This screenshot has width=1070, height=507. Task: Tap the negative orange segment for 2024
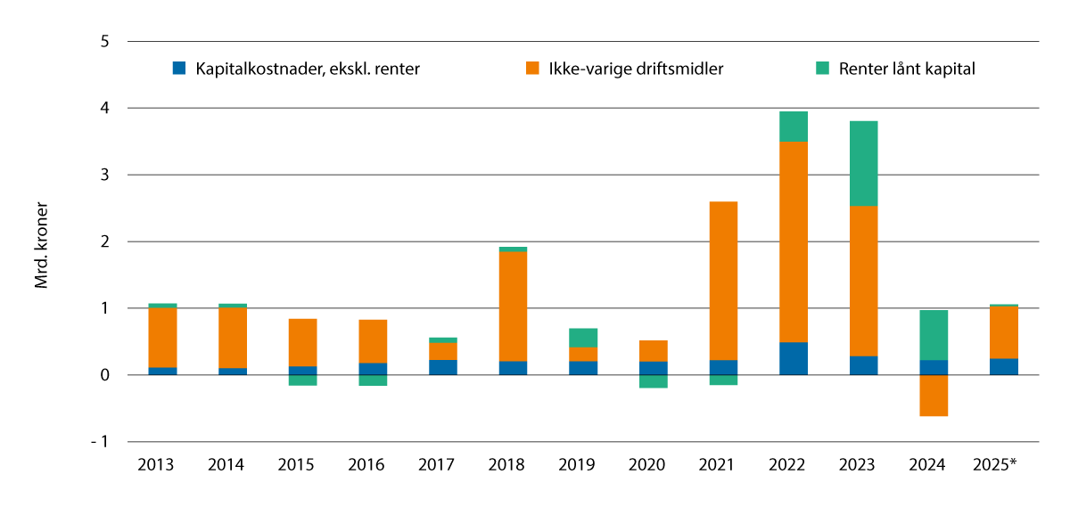[933, 396]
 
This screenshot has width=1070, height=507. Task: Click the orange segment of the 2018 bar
[513, 306]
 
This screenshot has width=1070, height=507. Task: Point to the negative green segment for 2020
[653, 381]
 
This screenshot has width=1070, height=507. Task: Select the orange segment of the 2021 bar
[723, 281]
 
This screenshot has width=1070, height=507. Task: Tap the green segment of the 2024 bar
[933, 335]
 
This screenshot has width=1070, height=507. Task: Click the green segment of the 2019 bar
[583, 338]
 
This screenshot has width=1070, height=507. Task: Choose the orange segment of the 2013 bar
[162, 337]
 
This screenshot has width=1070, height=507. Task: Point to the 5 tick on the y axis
[105, 42]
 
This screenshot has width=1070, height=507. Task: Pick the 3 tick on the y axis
[105, 175]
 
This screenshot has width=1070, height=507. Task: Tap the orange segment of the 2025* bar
[1003, 332]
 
